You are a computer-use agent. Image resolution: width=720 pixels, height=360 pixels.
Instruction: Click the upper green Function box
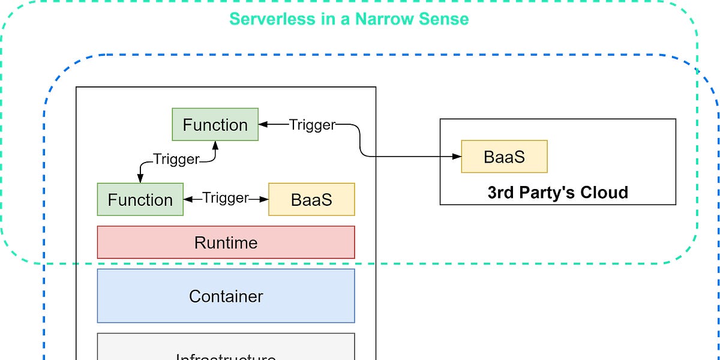215,125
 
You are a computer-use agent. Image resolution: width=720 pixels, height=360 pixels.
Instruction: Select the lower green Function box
140,199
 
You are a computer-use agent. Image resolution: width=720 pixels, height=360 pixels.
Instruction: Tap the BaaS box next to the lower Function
311,199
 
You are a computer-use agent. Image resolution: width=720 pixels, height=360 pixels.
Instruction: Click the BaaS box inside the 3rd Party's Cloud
504,157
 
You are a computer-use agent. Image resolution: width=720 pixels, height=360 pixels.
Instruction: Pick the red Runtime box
226,242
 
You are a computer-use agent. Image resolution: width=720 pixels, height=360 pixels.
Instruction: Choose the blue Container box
226,296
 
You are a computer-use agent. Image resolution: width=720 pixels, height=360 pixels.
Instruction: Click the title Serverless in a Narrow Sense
349,19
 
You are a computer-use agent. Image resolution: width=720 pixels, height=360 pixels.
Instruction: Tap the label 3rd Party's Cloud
557,193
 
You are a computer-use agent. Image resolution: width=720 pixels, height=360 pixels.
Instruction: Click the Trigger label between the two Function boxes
176,159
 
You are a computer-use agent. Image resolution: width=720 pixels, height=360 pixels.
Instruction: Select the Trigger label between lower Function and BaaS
226,198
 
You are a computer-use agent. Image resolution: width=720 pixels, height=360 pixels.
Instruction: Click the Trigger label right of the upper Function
312,125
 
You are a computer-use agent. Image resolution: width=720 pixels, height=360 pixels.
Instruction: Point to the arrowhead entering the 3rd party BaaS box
457,157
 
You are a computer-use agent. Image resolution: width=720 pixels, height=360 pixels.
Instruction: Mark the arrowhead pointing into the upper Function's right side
263,125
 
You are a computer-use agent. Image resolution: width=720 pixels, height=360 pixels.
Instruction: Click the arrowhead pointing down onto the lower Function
140,179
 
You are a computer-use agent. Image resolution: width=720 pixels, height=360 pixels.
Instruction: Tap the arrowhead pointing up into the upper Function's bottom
215,145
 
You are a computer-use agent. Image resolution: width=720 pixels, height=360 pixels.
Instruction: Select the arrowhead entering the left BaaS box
264,199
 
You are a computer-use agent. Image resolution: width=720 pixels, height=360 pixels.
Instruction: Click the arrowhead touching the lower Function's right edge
187,199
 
